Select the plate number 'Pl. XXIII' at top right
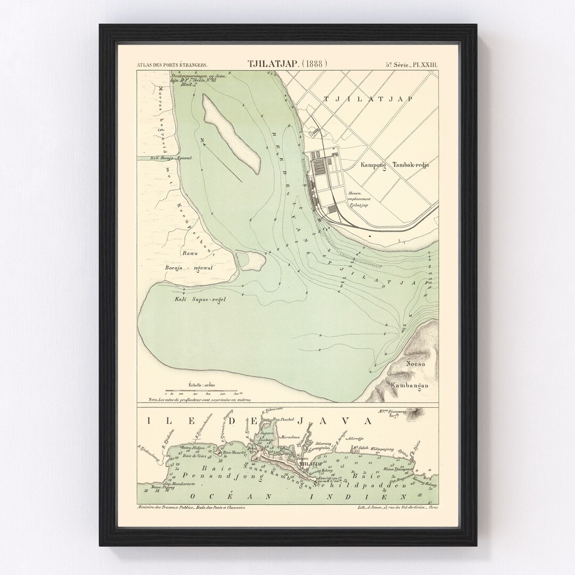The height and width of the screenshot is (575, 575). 424,65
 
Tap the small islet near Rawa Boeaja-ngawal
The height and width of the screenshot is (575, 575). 250,259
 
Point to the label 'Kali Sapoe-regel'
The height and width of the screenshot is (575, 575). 200,299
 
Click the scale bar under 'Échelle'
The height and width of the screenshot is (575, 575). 205,391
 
